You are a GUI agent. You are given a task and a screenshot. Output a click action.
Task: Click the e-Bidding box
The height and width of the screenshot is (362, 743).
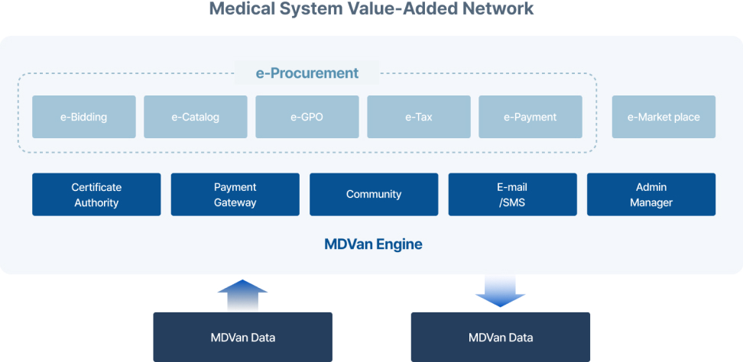(x=84, y=117)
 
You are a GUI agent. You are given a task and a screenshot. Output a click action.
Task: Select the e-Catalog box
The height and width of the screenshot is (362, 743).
(x=196, y=117)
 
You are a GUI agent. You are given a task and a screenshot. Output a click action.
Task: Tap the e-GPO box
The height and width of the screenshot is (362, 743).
(x=307, y=117)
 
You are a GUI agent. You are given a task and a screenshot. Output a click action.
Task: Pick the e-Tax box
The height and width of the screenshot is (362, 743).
(x=419, y=117)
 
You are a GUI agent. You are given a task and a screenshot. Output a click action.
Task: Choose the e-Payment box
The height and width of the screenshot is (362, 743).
(x=530, y=117)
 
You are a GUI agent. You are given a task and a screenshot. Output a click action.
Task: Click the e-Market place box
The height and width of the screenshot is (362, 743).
(x=664, y=117)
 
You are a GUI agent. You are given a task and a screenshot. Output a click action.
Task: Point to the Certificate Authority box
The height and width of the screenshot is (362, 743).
(x=96, y=195)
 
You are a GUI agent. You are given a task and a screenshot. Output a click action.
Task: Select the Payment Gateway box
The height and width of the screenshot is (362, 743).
(x=235, y=195)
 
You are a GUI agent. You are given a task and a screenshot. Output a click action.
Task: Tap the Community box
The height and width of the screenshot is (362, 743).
(x=374, y=195)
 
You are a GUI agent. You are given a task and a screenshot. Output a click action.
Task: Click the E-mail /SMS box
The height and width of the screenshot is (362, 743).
(x=513, y=195)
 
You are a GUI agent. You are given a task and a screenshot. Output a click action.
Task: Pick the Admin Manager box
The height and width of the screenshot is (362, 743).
(x=651, y=195)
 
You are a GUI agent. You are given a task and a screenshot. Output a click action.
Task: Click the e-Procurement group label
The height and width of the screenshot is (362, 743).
(x=307, y=73)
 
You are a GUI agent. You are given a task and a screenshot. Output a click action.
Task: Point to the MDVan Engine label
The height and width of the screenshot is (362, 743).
(x=373, y=244)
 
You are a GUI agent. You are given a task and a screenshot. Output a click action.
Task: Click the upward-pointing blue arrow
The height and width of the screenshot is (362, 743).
(x=242, y=294)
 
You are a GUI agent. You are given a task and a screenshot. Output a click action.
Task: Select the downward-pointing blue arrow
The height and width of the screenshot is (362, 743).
(x=501, y=292)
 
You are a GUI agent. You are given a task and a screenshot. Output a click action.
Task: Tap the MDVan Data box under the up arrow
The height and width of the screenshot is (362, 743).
(x=242, y=338)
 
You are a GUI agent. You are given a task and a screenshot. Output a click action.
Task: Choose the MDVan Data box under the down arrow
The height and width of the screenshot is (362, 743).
(x=501, y=338)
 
